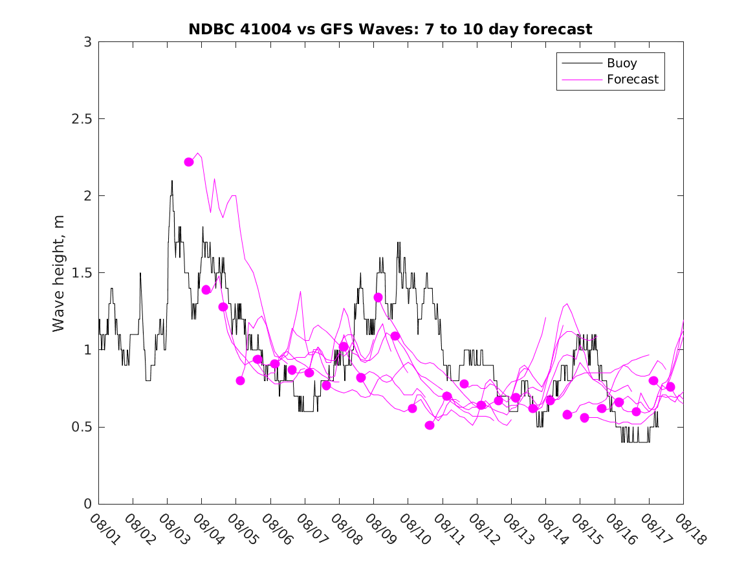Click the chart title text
click(390, 30)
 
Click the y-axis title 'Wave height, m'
click(59, 272)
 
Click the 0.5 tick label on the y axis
click(81, 427)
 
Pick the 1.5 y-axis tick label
click(81, 273)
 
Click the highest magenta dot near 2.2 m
click(189, 162)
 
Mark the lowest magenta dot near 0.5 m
click(430, 425)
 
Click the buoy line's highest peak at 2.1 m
click(172, 181)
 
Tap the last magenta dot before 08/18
click(670, 387)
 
